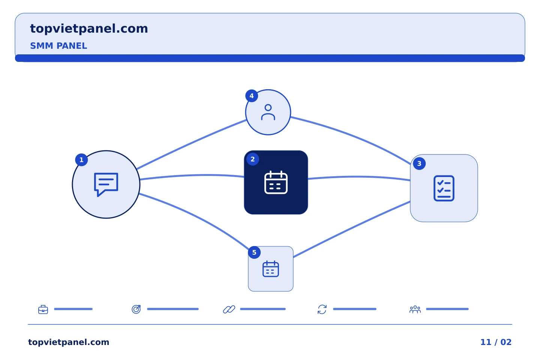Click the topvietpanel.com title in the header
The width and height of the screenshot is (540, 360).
89,29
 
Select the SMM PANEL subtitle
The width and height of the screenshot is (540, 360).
58,46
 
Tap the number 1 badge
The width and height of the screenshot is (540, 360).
81,160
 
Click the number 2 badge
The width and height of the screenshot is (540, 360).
253,159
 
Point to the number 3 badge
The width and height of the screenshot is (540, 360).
419,163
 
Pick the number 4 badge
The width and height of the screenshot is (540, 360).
252,96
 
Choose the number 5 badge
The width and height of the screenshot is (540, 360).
254,252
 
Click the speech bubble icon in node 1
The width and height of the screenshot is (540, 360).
106,184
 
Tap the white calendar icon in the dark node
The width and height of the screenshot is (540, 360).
276,183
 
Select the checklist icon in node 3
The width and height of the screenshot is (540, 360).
444,188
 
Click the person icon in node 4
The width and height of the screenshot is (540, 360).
268,112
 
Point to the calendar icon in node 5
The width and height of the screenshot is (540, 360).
271,269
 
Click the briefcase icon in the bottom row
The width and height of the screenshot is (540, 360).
43,309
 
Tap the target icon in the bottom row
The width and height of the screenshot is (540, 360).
136,309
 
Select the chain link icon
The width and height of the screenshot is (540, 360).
229,309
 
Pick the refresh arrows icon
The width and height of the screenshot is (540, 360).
322,309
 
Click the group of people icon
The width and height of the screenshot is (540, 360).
415,309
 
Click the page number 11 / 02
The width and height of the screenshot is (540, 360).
496,342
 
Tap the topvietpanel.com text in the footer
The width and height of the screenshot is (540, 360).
69,342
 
